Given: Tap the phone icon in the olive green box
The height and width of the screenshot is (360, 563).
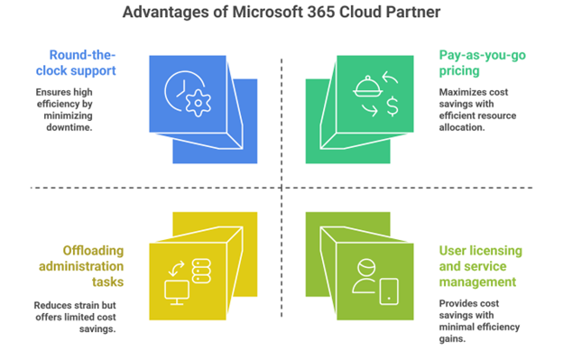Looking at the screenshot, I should pyautogui.click(x=388, y=290).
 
